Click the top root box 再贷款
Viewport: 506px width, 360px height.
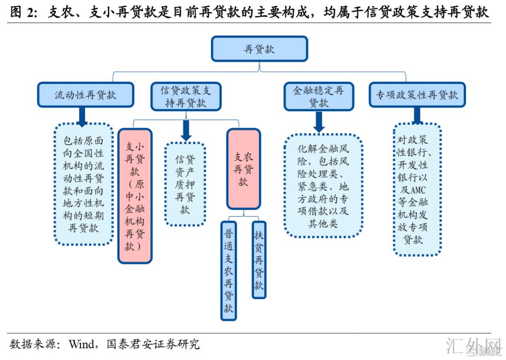[x=259, y=49]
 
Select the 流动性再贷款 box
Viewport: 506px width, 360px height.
[x=85, y=95]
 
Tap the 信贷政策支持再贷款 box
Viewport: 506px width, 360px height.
[x=186, y=97]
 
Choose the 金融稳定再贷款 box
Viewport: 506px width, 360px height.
[x=319, y=97]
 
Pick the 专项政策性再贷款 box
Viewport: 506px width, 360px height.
[x=417, y=95]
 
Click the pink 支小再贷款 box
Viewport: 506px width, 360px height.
[x=135, y=195]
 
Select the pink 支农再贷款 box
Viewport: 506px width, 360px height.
[x=243, y=169]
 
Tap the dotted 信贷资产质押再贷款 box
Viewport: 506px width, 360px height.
[x=185, y=184]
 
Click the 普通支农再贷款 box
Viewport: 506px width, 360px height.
[x=228, y=270]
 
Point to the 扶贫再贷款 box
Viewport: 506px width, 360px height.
[x=259, y=260]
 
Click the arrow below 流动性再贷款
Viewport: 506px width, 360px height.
[x=82, y=117]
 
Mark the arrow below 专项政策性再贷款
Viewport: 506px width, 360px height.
[x=417, y=115]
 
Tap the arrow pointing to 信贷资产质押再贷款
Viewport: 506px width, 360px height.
[x=186, y=130]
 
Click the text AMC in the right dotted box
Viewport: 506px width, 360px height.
[x=416, y=190]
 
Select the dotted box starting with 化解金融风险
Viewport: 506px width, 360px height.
[x=323, y=185]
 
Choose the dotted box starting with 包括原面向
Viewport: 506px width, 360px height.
[x=83, y=184]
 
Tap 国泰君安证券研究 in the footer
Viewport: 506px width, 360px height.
[x=153, y=345]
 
